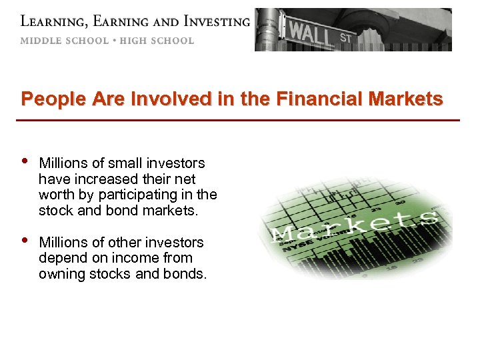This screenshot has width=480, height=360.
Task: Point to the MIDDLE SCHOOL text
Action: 64,41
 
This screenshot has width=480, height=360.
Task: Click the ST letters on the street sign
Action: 345,38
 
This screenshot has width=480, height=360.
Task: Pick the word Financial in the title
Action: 317,99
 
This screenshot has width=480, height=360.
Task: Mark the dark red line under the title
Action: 240,120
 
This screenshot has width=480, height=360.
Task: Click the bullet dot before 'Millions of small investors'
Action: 25,161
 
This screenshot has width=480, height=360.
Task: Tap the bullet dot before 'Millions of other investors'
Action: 25,240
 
